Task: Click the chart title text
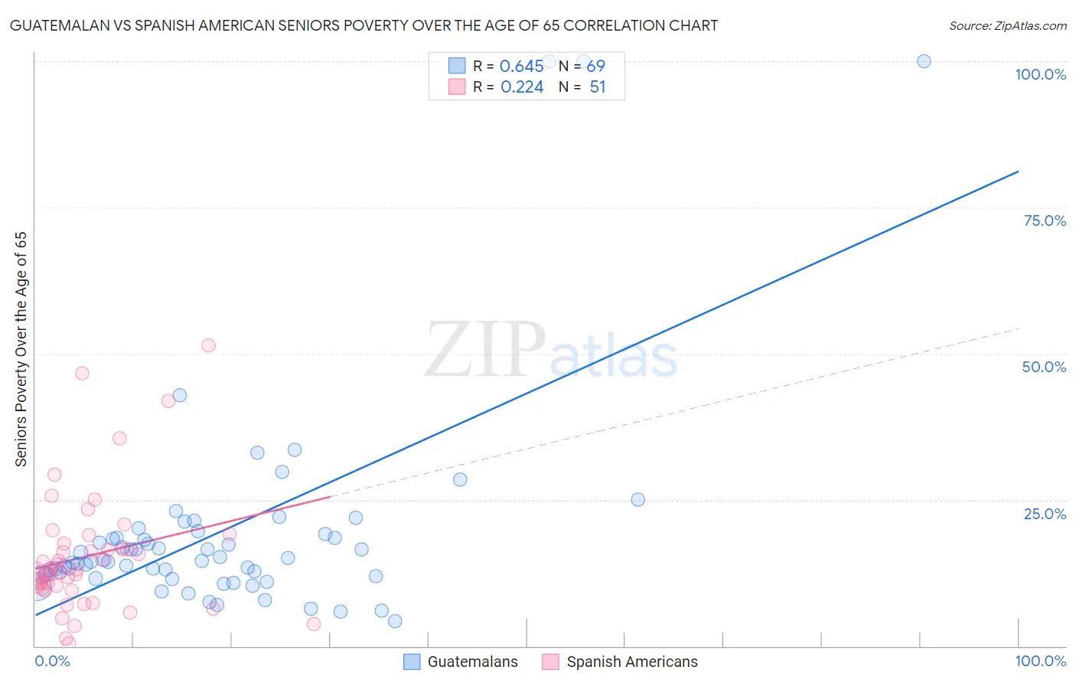tap(364, 25)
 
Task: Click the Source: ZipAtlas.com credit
tap(1007, 25)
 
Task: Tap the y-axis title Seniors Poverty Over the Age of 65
tap(21, 348)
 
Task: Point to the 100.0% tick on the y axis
tap(1040, 74)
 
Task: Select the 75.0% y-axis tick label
tap(1045, 221)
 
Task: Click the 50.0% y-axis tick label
tap(1044, 367)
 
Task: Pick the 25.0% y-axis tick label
tap(1045, 513)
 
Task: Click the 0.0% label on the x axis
tap(52, 661)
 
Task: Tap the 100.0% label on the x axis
tap(1040, 661)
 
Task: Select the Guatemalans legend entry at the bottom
tap(461, 662)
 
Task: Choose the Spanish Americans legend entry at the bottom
tap(620, 662)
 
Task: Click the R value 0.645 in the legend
tap(521, 67)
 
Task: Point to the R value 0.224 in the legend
tap(522, 87)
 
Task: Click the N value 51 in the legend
tap(598, 87)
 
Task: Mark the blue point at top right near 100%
tap(924, 61)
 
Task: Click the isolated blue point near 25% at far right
tap(637, 499)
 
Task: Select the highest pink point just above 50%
tap(208, 345)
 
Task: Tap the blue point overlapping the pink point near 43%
tap(180, 395)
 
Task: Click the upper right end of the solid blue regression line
tap(1018, 172)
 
